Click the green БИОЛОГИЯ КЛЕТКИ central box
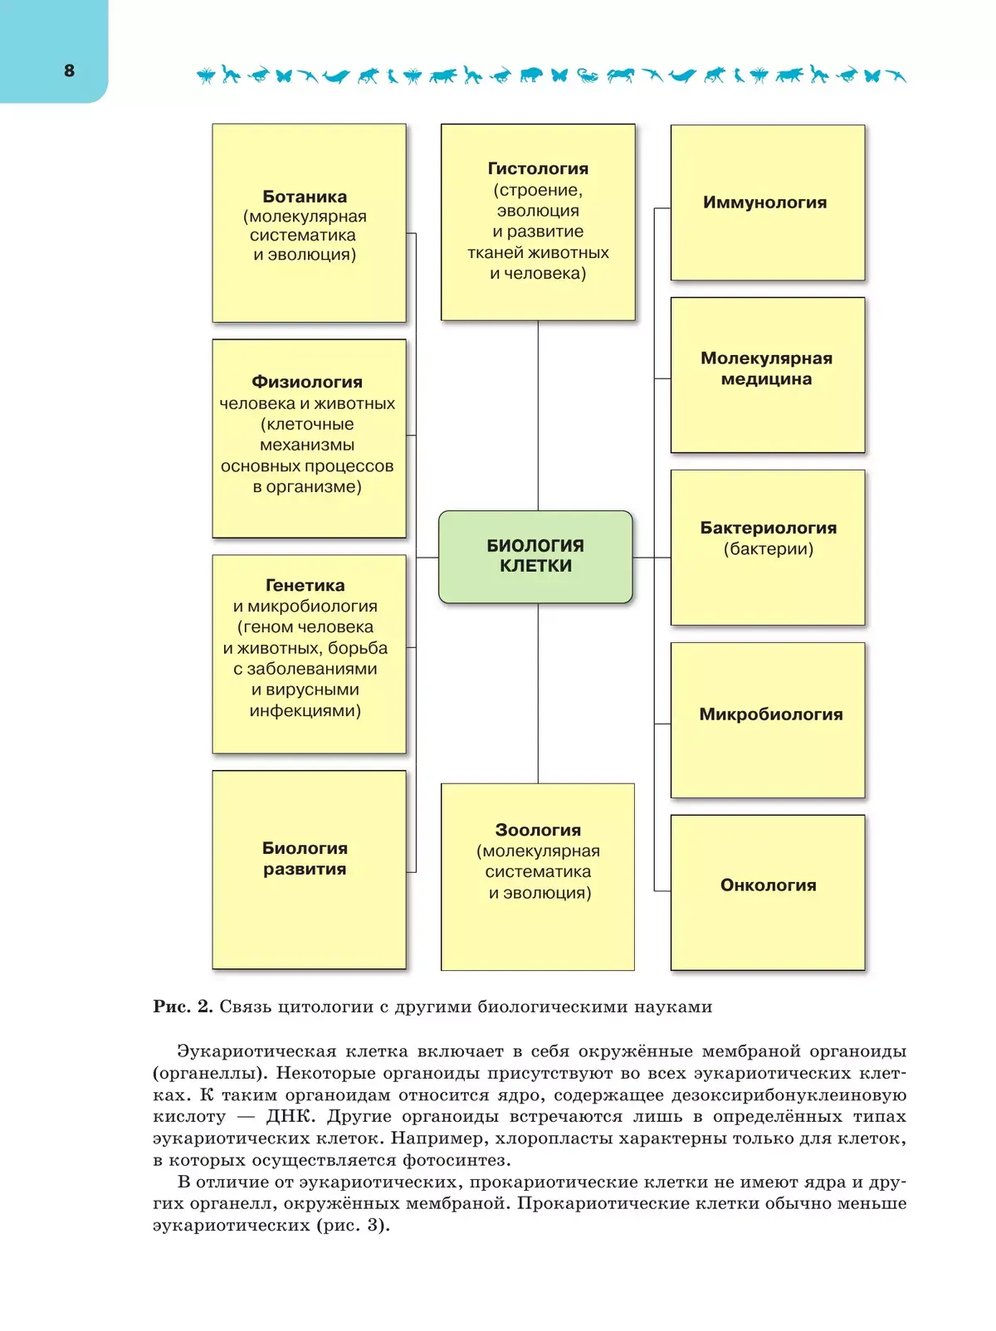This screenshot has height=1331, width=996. (535, 556)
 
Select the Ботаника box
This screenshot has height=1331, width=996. (309, 222)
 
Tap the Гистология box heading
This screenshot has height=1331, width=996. (538, 168)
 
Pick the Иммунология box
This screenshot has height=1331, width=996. (767, 202)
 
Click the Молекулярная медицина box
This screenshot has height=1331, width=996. (767, 374)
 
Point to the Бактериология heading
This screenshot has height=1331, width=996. (768, 528)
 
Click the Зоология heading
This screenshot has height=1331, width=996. (538, 830)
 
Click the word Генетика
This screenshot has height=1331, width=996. (305, 585)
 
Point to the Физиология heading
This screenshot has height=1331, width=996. (307, 382)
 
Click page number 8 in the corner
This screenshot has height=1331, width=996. (70, 71)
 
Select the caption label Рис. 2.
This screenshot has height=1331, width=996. (183, 1007)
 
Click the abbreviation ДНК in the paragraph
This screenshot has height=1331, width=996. (290, 1117)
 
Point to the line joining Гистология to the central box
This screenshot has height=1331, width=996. (538, 415)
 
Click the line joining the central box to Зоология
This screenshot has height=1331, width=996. (538, 693)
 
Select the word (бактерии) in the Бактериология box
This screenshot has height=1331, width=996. (768, 549)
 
